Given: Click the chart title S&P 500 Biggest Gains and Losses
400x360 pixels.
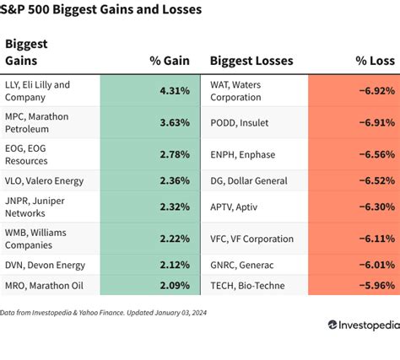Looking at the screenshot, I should [102, 11].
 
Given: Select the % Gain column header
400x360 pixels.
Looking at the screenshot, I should [168, 61].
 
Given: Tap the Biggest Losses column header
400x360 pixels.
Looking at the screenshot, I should [251, 61].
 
